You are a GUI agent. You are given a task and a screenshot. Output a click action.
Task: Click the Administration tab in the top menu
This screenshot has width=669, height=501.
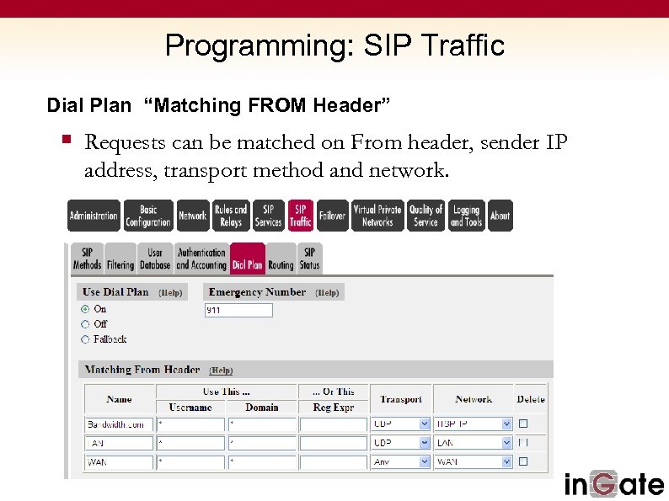click(94, 216)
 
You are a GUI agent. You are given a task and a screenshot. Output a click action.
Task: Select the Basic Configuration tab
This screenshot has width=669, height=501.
click(148, 216)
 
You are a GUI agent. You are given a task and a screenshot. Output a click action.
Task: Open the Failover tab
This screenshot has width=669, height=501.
click(332, 216)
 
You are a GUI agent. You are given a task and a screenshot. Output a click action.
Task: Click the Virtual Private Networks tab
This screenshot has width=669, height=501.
click(377, 216)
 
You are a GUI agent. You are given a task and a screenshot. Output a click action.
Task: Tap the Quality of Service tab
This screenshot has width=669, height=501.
click(425, 216)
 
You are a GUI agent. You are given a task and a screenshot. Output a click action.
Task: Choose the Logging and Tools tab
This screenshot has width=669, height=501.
click(466, 216)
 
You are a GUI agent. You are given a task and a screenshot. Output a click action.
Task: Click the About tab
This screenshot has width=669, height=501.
click(500, 216)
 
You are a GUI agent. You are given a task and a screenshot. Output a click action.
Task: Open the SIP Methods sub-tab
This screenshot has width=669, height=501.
click(87, 258)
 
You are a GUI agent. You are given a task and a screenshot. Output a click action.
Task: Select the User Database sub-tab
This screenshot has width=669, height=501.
click(155, 258)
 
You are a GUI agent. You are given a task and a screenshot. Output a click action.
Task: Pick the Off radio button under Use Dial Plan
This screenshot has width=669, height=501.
click(85, 324)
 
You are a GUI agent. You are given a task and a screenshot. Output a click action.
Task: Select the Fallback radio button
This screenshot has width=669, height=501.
click(85, 339)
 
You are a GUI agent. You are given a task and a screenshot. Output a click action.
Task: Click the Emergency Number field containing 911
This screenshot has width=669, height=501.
click(238, 311)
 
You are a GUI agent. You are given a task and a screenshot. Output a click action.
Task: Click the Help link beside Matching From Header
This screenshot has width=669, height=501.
click(221, 370)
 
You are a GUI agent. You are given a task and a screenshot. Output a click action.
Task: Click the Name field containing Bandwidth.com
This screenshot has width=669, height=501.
click(120, 424)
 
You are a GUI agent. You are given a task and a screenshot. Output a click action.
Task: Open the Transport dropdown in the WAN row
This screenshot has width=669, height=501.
click(400, 461)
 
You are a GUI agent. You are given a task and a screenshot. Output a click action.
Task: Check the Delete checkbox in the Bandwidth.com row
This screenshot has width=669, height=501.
click(523, 424)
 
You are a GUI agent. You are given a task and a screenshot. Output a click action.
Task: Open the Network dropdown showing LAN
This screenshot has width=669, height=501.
click(473, 443)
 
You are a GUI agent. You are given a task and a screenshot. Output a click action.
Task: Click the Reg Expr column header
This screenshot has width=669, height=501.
click(333, 407)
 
